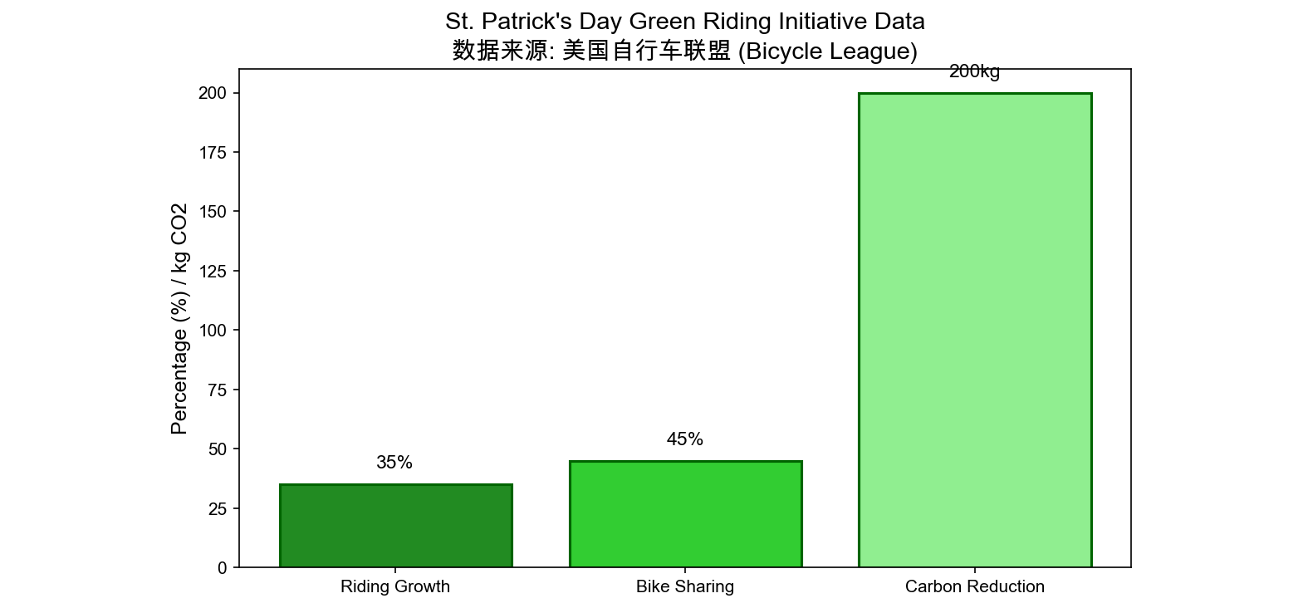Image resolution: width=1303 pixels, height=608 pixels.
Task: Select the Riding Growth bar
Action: pos(395,526)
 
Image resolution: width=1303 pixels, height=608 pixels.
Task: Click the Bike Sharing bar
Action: pos(685,514)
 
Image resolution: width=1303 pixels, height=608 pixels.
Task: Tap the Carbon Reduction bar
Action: pos(974,331)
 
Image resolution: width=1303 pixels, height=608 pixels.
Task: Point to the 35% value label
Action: pos(394,463)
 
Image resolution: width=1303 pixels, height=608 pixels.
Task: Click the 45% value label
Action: pos(685,439)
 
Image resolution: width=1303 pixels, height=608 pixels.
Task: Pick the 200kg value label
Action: pos(974,72)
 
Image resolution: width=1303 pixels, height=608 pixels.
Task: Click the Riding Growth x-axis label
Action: pos(395,586)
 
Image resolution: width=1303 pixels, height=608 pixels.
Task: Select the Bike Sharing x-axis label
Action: pos(685,586)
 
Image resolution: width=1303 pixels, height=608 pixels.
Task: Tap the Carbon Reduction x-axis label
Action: pos(974,586)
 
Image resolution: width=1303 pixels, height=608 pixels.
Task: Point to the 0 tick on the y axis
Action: pos(222,568)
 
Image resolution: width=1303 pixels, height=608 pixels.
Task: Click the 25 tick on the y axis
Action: pos(218,509)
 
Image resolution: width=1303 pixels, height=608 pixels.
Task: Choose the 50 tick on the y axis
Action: pos(218,449)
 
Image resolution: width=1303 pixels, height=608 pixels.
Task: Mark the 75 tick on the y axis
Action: pos(218,390)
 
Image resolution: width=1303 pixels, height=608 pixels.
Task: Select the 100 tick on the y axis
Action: pos(213,331)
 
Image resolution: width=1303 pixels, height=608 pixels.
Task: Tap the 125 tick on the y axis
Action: pos(213,272)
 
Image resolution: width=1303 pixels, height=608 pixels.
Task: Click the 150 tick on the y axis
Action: pos(213,212)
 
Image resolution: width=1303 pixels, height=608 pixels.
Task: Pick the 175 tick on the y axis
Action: pos(213,153)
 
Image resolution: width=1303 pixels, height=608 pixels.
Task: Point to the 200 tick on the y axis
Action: pos(213,93)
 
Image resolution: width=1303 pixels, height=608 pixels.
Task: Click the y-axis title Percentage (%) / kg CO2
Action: pos(179,319)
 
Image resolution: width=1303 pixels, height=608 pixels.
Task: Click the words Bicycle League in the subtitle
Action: pos(827,51)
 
